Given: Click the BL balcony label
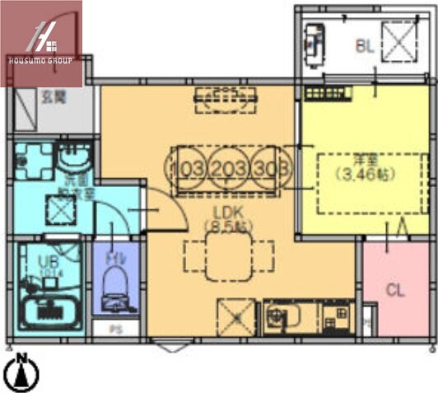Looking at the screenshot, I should [x=365, y=47].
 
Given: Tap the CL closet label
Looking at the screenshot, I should [x=395, y=290].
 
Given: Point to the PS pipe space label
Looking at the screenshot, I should [x=117, y=329].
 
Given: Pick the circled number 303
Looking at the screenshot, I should [x=273, y=169].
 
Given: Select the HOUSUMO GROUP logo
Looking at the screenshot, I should [x=41, y=43].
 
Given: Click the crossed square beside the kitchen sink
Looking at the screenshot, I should [x=235, y=316].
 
